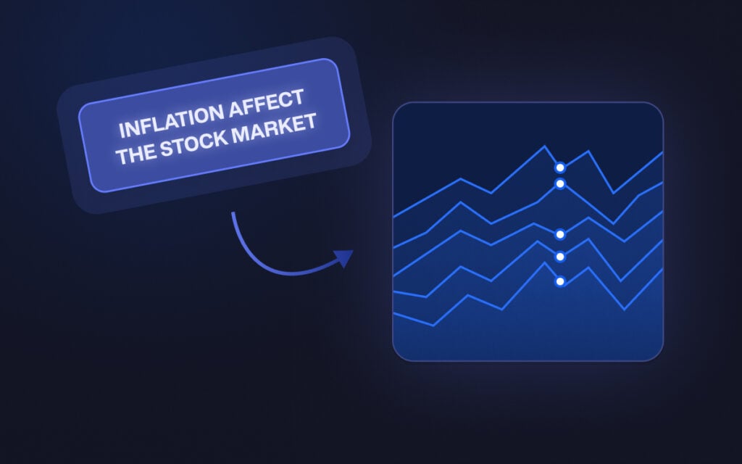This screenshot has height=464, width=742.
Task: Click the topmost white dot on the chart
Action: tap(559, 167)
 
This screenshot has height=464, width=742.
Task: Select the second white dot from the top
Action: tap(559, 184)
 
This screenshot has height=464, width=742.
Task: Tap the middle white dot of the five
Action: tap(559, 234)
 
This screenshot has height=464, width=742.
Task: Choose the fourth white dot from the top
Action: tap(559, 256)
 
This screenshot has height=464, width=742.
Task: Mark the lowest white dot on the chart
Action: tap(559, 281)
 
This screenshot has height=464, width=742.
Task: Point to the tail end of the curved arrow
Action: tap(233, 213)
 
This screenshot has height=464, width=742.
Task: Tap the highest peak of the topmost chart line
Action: tap(544, 146)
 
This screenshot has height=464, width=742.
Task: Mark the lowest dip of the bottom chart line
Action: tap(433, 325)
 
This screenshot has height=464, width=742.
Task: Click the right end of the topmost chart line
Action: tap(662, 153)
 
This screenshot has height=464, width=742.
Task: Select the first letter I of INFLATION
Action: tap(121, 131)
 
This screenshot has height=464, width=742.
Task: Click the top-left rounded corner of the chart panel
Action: tap(397, 107)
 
